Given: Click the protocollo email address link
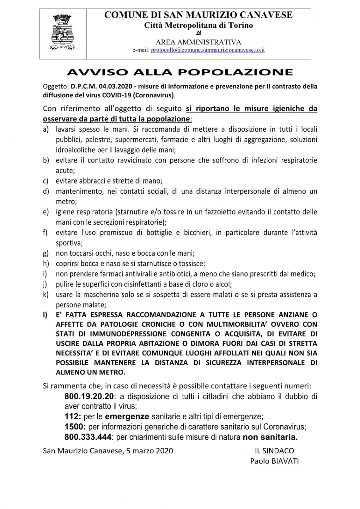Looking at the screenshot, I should [208, 50].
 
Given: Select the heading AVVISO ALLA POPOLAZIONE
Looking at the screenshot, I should [180, 73].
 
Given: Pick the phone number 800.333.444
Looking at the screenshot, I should [88, 437].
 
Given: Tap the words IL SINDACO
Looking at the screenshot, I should [274, 450].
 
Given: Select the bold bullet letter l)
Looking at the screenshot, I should [46, 315].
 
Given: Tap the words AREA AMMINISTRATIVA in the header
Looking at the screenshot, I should [198, 42].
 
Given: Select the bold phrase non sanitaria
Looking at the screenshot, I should [270, 437].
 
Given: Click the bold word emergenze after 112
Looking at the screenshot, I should [127, 416].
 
